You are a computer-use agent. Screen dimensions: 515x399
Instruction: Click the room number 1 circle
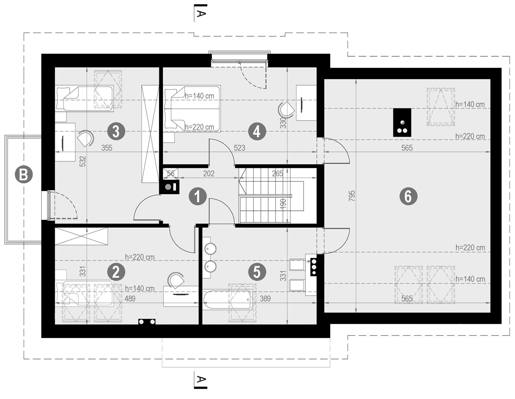[198, 196]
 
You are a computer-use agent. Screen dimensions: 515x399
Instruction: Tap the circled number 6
[408, 196]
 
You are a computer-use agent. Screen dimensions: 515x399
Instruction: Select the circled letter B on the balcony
[23, 175]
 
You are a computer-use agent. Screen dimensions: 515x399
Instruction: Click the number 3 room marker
[116, 131]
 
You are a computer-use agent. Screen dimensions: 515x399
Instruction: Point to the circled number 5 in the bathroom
[257, 272]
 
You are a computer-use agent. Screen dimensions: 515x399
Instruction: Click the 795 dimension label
[352, 196]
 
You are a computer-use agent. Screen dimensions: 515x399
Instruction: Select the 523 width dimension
[239, 148]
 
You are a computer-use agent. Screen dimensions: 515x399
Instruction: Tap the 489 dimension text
[130, 299]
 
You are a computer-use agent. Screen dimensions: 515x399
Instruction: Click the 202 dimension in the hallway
[209, 174]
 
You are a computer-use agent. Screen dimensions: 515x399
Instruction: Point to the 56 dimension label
[171, 174]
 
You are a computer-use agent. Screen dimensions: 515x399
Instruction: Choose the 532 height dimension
[82, 161]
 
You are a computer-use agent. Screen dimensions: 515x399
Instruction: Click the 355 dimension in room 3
[107, 148]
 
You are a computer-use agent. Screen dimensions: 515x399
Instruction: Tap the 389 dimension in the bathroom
[265, 299]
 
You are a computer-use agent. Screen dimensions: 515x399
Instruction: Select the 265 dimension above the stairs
[278, 174]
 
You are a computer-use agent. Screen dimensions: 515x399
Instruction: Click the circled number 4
[257, 131]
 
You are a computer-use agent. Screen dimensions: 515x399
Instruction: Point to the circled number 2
[116, 272]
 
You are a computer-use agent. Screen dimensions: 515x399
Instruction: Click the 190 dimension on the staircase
[283, 204]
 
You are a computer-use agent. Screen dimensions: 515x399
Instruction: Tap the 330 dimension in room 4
[283, 123]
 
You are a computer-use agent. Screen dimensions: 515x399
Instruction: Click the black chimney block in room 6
[402, 122]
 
